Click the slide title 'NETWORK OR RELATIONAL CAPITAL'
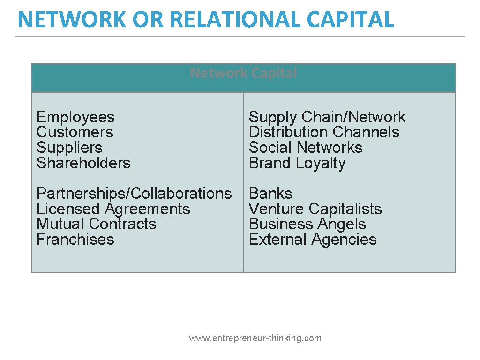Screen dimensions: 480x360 click(x=205, y=20)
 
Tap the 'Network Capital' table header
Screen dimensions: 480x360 click(x=243, y=74)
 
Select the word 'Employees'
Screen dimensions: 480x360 click(x=75, y=117)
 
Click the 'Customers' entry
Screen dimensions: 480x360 click(x=75, y=132)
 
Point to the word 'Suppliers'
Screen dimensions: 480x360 click(x=69, y=148)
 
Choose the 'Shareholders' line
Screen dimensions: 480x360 click(x=83, y=163)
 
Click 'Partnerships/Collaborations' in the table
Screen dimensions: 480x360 click(x=134, y=194)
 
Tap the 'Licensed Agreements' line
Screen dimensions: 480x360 click(x=113, y=209)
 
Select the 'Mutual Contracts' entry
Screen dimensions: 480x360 click(x=97, y=224)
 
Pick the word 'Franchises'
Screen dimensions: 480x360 click(x=75, y=240)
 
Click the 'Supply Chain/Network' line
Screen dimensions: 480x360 click(x=327, y=117)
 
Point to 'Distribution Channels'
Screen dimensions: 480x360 click(x=324, y=132)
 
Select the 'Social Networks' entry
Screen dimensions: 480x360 click(x=306, y=148)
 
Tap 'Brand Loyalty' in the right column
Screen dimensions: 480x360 click(x=297, y=163)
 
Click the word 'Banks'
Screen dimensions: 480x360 click(x=270, y=194)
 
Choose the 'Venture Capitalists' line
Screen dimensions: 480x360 click(x=315, y=209)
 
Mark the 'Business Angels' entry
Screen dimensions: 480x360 click(x=307, y=224)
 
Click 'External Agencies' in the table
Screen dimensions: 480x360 click(x=313, y=240)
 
